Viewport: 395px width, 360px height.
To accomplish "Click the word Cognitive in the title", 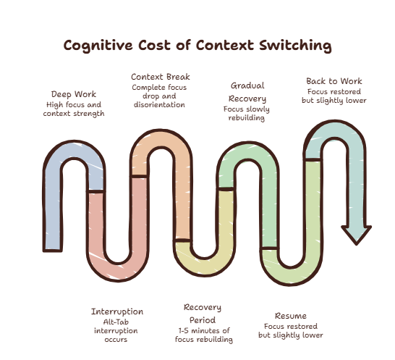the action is coord(98,46).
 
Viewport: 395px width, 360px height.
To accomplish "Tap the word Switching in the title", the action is coord(295,46).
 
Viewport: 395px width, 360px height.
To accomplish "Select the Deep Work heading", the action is coord(74,94).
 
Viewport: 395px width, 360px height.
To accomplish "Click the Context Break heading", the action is coord(161,77).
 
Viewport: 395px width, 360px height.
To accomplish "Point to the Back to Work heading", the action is coord(334,81).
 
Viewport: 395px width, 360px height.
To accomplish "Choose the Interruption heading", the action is coord(117,311).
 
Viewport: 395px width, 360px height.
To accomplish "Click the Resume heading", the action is coord(291,316).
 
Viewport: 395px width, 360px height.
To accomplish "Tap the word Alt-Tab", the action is coord(116,322).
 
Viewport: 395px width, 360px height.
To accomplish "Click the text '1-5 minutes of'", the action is coord(204,330).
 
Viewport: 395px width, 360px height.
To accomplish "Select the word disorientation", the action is coord(159,105).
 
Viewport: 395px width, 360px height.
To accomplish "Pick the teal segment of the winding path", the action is coord(357,177).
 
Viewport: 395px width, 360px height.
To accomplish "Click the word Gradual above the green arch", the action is coord(247,85).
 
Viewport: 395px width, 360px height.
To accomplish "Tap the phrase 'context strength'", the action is coord(74,114).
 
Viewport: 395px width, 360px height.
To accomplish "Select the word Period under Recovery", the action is coord(203,320).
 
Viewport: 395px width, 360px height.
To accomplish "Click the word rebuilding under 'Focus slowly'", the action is coord(247,118).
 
